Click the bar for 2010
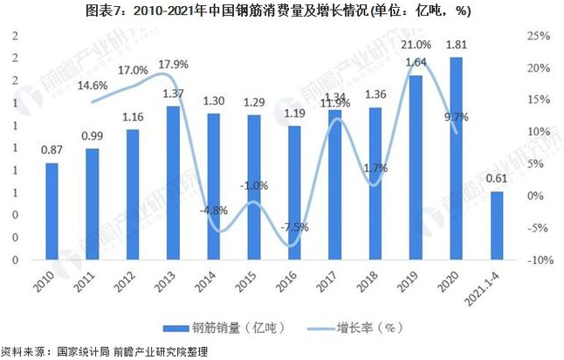coord(52,211)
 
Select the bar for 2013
coord(173,183)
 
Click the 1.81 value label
coord(454,45)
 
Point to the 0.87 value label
coord(52,150)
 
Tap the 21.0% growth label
coord(416,45)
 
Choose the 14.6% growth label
coord(92,85)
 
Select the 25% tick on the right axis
coord(538,36)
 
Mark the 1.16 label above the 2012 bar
coord(133,117)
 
